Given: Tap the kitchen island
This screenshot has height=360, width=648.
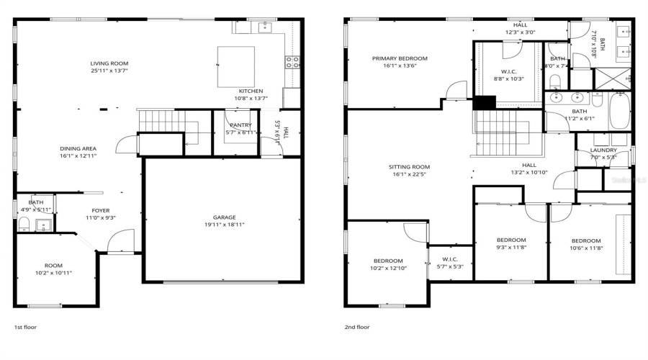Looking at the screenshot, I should (x=236, y=66).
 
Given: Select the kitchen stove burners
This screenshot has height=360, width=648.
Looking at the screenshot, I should (x=292, y=63).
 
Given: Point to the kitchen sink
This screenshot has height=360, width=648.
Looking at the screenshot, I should (x=264, y=28).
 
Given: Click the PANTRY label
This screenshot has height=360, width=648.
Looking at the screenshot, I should (x=240, y=125).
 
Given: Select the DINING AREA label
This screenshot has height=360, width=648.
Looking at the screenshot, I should (x=78, y=148).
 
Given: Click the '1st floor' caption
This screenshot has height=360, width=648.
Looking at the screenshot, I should (x=25, y=326).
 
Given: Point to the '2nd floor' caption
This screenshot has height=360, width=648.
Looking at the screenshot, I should (x=356, y=326).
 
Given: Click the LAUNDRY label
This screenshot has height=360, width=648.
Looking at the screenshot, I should (x=603, y=150).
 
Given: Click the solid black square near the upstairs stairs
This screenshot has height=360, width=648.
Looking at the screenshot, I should (x=480, y=102).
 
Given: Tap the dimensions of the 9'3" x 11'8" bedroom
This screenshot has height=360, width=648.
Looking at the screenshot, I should (x=510, y=248).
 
